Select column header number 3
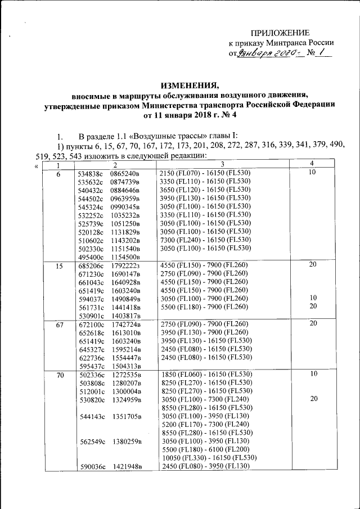click(x=222, y=164)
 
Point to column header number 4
click(x=312, y=164)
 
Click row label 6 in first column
click(x=59, y=174)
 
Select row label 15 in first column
click(x=59, y=266)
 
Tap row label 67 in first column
click(x=59, y=325)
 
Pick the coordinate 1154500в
click(x=125, y=256)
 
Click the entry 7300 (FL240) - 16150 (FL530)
click(x=205, y=239)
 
